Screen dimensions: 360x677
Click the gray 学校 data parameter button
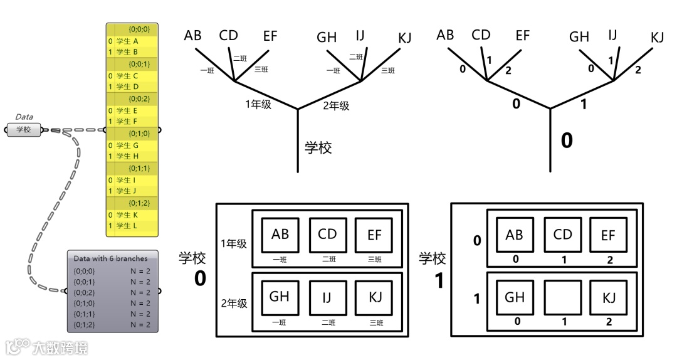coord(23,130)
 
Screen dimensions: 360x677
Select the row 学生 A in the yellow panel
coord(127,41)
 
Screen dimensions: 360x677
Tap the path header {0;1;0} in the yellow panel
coord(139,133)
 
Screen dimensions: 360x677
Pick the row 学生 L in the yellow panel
coord(127,226)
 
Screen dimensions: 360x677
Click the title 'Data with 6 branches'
coord(110,258)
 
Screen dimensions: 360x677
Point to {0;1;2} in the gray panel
coord(85,324)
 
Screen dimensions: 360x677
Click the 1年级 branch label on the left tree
coord(258,105)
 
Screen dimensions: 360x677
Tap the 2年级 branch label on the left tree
coord(336,105)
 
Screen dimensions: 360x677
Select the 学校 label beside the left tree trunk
coord(318,148)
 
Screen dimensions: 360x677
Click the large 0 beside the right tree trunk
coord(567,140)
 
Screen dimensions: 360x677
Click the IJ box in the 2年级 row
coord(327,298)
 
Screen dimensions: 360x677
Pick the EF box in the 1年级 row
coord(374,236)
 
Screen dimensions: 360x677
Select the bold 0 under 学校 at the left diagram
coord(199,278)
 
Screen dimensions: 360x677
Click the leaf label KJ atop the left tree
coord(405,37)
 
